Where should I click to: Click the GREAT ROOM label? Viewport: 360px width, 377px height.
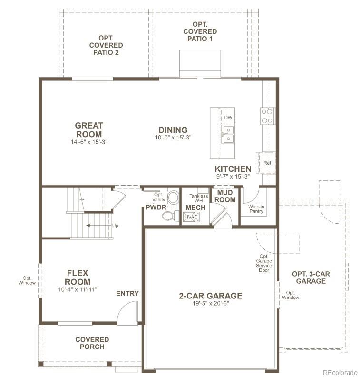(x=88, y=130)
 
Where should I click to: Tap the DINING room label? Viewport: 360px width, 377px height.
(x=173, y=130)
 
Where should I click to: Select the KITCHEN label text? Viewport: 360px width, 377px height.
(x=233, y=169)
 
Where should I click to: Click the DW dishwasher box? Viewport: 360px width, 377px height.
(x=228, y=117)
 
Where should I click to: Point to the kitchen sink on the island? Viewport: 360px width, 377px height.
(x=228, y=134)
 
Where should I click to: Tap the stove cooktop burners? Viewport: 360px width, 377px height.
(x=267, y=116)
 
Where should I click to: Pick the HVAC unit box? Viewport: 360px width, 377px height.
(x=191, y=217)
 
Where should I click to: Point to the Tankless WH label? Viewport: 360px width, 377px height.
(x=198, y=198)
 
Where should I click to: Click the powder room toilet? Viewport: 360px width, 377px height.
(x=168, y=216)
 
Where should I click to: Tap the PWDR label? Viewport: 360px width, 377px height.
(x=155, y=208)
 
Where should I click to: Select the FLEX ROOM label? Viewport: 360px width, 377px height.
(x=78, y=278)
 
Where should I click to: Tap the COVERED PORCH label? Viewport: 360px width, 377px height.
(x=92, y=343)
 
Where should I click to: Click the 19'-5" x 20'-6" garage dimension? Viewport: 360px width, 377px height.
(x=210, y=304)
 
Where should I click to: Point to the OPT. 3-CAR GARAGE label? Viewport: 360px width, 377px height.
(x=311, y=278)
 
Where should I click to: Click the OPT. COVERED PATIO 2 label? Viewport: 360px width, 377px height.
(x=106, y=45)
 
